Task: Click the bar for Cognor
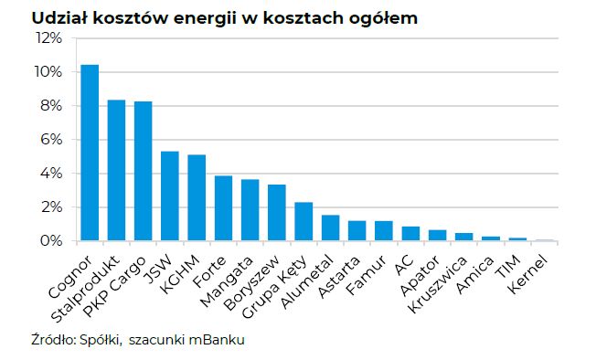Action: tap(90, 153)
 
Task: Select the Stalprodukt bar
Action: tap(116, 170)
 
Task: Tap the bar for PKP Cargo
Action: tap(144, 171)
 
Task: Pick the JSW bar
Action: tap(170, 196)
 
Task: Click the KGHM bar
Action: tap(197, 197)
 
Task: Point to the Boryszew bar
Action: tap(277, 213)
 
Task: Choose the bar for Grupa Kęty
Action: tap(303, 221)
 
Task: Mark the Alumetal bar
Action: tap(330, 228)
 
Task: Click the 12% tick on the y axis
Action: tap(48, 38)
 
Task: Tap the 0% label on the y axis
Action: tap(51, 241)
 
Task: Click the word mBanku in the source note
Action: tap(218, 341)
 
